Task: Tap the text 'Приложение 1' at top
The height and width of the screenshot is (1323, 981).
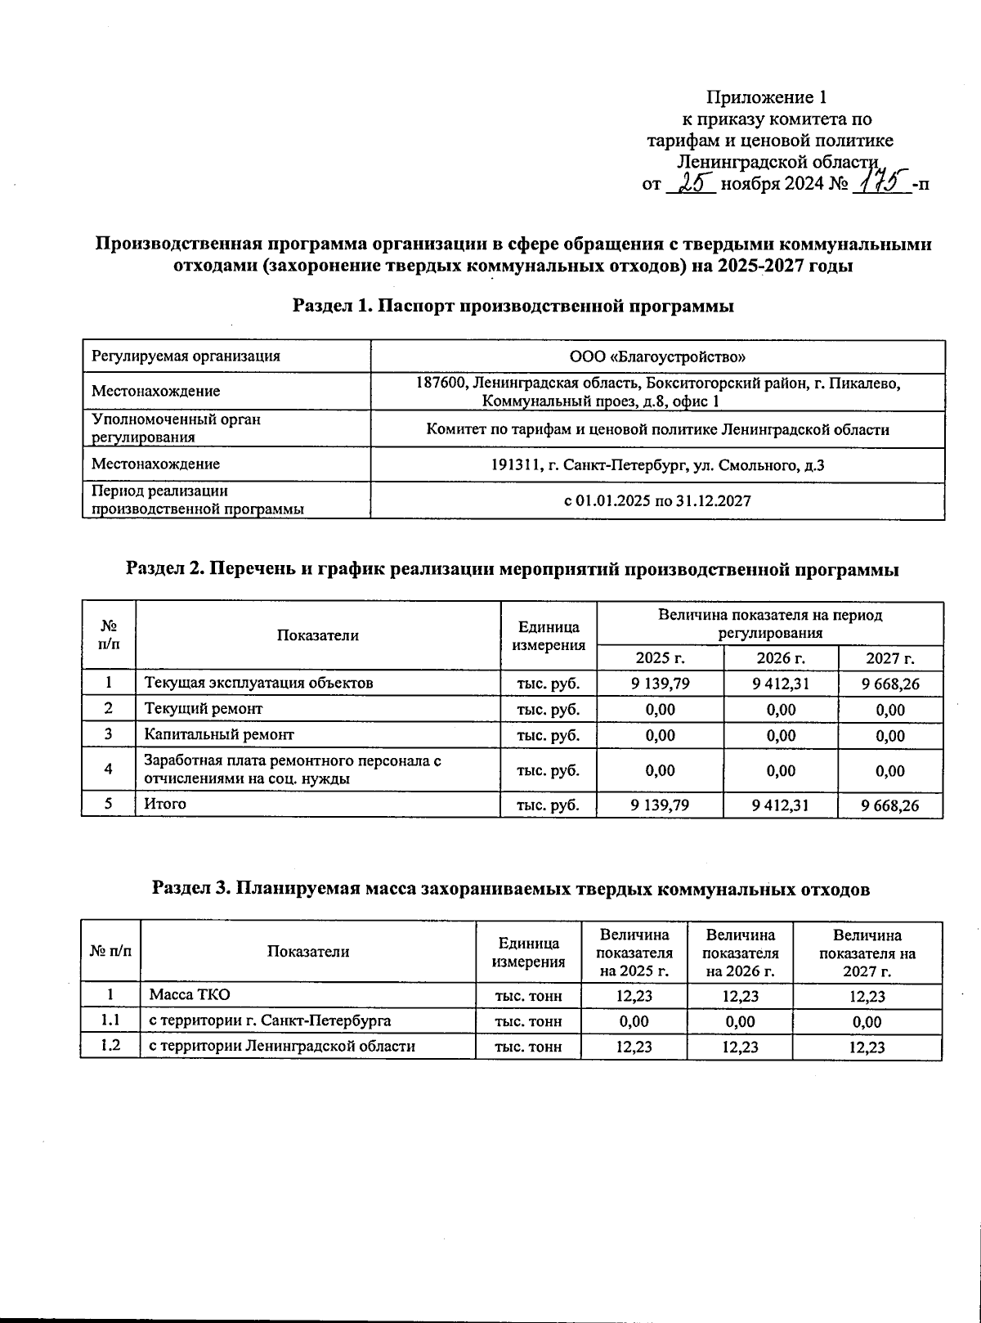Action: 766,98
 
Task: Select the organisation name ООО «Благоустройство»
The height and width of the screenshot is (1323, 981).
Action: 657,357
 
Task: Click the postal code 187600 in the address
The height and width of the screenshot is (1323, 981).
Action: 441,383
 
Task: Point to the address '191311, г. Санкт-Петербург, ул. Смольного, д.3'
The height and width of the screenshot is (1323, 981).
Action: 657,464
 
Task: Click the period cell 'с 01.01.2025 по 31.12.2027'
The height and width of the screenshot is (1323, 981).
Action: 657,500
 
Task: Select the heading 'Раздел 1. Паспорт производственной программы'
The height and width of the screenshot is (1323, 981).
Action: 513,307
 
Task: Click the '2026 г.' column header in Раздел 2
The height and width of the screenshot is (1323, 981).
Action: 781,658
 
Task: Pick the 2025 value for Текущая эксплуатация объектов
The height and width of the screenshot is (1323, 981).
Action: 660,683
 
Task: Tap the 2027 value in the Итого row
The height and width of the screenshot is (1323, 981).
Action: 890,805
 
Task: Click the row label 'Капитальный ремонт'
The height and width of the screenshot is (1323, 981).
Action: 219,734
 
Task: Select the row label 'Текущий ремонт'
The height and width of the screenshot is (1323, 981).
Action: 204,708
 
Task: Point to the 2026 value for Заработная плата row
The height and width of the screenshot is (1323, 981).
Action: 781,770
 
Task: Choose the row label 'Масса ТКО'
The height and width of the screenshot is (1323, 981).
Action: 190,994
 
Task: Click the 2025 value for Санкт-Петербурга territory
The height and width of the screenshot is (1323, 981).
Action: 634,1021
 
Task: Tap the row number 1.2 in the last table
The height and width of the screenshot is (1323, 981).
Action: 110,1045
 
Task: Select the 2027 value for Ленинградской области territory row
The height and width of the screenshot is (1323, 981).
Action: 867,1047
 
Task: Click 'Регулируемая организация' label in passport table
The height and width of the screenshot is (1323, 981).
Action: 186,356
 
